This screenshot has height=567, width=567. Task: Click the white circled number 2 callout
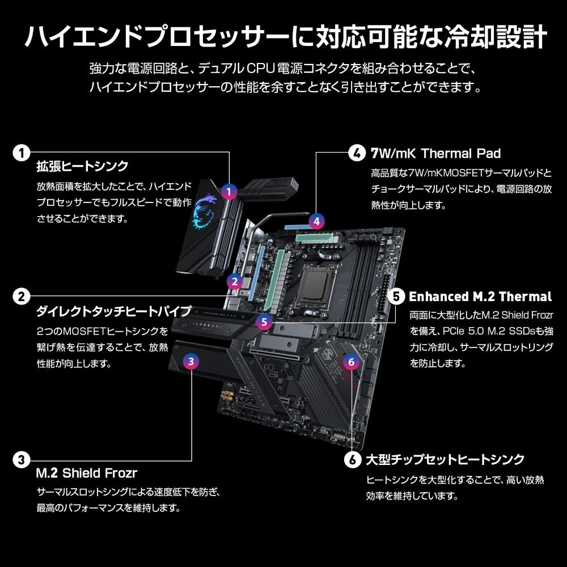coord(22,296)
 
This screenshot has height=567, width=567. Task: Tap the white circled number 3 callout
coord(22,458)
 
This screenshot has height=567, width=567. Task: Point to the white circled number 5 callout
coord(396,296)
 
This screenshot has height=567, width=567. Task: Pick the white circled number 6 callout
coord(352,458)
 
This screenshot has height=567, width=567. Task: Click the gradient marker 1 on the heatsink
coord(229,192)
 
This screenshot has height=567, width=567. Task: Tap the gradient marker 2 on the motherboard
coord(234,281)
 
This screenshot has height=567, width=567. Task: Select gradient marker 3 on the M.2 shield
coord(191,360)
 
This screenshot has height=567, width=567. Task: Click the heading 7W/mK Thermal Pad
coord(435,153)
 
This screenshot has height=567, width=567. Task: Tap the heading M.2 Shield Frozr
coord(87,472)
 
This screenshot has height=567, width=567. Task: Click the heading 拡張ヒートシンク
coord(82,167)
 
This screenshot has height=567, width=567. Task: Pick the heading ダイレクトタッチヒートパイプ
coord(113,311)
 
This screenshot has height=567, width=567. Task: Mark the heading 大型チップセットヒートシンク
coord(445,459)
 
